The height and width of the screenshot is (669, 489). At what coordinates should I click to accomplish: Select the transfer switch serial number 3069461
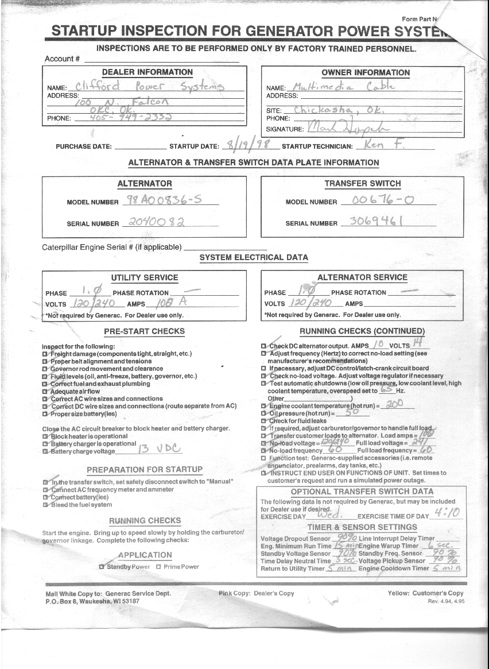376,222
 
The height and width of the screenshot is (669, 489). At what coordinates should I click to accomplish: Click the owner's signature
348,127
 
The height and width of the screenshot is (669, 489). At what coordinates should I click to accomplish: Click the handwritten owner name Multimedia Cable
344,86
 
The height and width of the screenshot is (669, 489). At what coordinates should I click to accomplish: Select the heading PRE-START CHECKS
144,331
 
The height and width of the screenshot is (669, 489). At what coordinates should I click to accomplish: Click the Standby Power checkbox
102,567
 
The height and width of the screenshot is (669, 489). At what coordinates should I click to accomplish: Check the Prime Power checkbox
158,567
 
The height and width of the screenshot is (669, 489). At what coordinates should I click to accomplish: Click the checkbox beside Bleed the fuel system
45,505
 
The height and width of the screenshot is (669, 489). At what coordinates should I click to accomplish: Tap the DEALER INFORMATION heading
147,72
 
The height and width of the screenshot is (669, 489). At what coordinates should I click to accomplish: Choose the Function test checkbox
264,458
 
